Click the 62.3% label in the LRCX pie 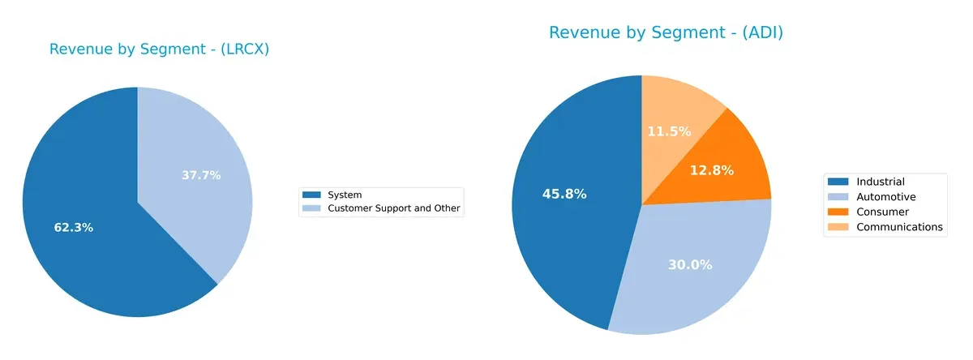pos(73,228)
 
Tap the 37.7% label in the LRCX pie pos(201,175)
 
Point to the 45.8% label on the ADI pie pos(564,194)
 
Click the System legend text pos(344,195)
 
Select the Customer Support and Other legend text pos(393,208)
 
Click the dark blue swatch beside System pos(311,195)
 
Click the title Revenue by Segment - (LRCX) pos(159,49)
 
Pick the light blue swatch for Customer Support pos(311,208)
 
